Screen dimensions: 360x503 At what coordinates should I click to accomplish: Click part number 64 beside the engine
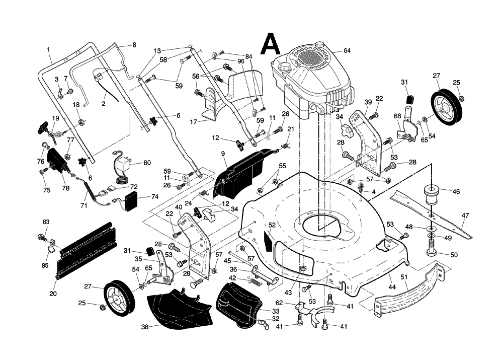pos(347,51)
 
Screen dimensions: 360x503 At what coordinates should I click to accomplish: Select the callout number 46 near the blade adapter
pos(456,192)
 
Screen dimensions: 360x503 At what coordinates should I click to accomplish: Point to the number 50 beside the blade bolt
pos(454,255)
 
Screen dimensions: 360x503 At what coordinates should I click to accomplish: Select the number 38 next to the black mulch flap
pos(144,327)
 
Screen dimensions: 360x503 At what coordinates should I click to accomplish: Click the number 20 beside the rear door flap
pos(52,294)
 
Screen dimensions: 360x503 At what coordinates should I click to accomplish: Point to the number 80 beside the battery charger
pos(147,163)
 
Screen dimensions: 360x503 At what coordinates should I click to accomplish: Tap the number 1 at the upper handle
pos(48,49)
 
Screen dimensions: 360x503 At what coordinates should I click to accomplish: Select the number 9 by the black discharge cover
pos(222,153)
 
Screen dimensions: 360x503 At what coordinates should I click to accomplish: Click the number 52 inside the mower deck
pos(272,225)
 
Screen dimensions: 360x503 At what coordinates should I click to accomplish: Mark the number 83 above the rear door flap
pos(46,222)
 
